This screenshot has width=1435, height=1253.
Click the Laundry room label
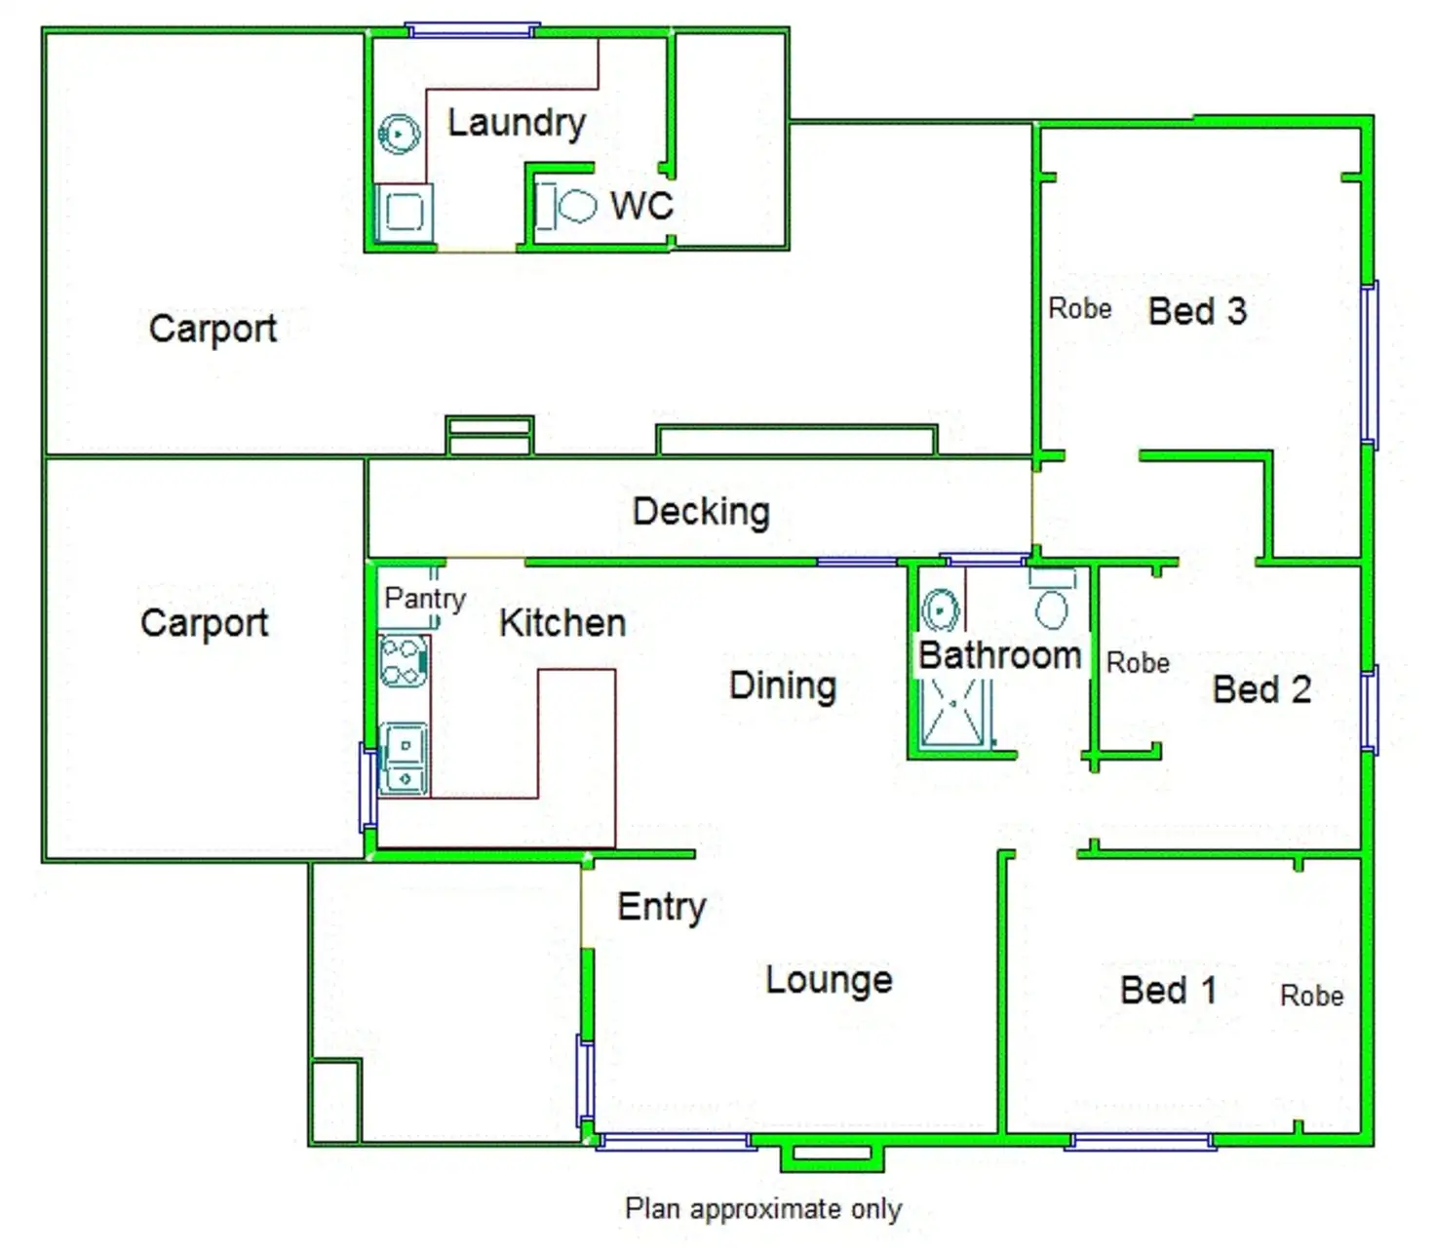click(x=516, y=123)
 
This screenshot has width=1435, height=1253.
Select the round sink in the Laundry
click(x=399, y=133)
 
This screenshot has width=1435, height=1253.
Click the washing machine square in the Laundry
click(x=403, y=211)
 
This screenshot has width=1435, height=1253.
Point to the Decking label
click(x=701, y=511)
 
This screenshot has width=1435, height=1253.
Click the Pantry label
click(x=424, y=598)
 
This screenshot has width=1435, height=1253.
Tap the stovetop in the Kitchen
click(x=403, y=661)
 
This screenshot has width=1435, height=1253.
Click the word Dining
click(x=783, y=685)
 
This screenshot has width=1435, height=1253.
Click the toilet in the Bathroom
click(x=1051, y=607)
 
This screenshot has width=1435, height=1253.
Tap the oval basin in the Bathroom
click(x=941, y=611)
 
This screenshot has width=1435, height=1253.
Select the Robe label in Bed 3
click(x=1079, y=309)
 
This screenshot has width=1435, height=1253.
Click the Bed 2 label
click(x=1260, y=689)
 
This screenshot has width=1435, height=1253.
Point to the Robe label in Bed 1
click(x=1311, y=996)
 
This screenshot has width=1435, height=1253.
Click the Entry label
click(x=661, y=907)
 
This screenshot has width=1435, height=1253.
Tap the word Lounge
click(x=829, y=980)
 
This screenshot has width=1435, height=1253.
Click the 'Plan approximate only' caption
click(x=763, y=1209)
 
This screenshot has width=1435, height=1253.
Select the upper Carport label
click(x=213, y=329)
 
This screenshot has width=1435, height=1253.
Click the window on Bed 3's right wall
click(x=1369, y=363)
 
